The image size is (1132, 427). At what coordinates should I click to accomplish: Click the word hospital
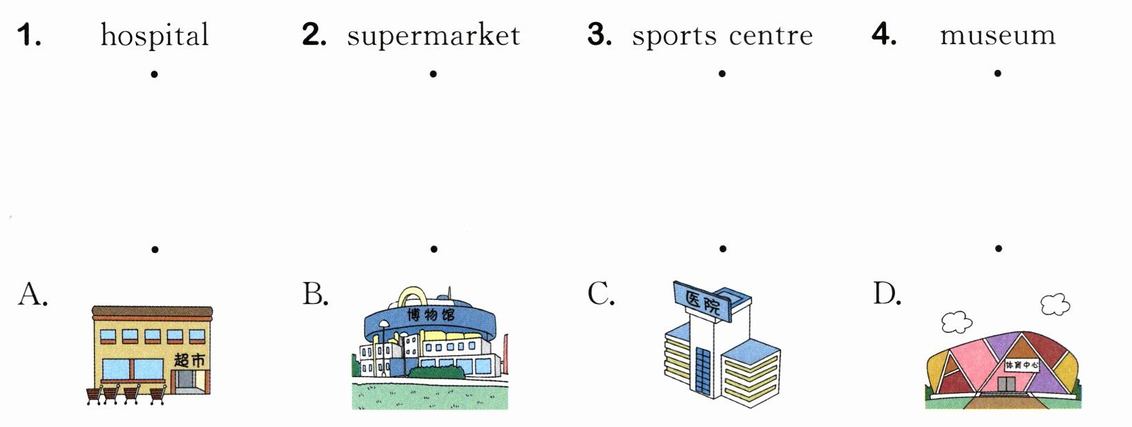155,35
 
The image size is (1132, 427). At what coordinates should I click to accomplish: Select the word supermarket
433,35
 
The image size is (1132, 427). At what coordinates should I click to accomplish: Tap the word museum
997,35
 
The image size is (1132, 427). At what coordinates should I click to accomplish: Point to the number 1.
28,35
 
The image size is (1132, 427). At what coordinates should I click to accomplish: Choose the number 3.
599,35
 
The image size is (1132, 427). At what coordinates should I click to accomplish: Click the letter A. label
32,294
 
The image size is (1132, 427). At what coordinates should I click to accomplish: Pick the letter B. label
315,294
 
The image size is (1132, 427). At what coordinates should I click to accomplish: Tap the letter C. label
600,294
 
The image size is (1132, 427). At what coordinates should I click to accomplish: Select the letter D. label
887,294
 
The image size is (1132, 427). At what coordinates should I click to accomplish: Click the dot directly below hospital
155,73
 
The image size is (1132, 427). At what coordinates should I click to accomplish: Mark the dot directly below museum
997,73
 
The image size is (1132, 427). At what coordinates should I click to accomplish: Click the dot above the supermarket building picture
155,249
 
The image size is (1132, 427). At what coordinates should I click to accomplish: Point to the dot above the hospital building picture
722,248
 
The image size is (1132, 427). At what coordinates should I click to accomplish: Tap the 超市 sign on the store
189,360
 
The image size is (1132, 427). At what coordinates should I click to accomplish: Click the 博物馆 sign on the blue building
430,315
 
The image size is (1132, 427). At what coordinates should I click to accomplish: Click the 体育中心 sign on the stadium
1021,365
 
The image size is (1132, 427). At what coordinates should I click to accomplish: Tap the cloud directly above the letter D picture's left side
956,321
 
